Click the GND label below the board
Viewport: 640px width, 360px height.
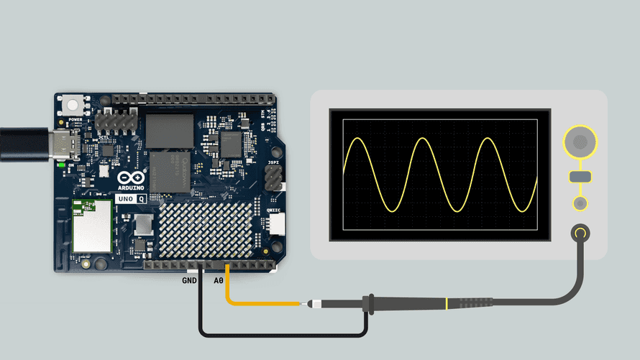tap(189, 281)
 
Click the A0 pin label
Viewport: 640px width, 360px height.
tap(219, 281)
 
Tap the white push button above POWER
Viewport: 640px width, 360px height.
tap(74, 105)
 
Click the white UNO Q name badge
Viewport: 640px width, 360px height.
tap(131, 198)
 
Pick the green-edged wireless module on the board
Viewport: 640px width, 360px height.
tap(92, 226)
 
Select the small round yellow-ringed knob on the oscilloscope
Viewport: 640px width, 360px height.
tap(580, 203)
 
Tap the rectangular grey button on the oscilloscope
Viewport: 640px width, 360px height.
tap(580, 177)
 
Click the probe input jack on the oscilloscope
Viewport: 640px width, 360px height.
tap(580, 233)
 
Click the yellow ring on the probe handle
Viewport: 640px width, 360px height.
tap(447, 304)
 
